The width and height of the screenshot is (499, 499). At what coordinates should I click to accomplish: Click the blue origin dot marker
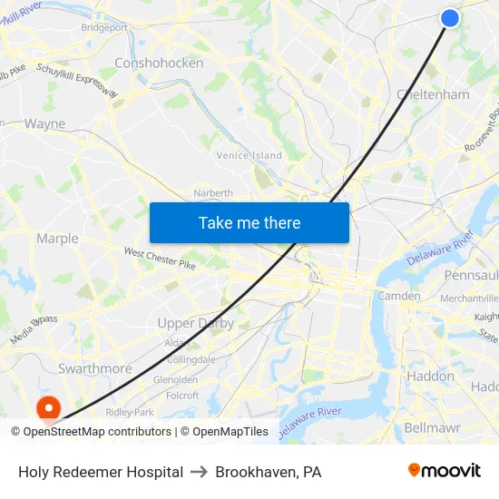(x=449, y=18)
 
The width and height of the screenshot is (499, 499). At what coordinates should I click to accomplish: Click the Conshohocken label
(x=159, y=63)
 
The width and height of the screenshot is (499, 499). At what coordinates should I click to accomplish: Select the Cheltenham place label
(x=433, y=94)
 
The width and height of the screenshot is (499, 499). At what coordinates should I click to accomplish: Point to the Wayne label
(x=44, y=123)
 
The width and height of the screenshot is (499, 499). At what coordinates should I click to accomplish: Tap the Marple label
(x=57, y=239)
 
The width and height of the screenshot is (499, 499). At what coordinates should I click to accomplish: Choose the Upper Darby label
(x=195, y=323)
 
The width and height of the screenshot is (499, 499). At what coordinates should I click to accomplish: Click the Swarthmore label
(x=94, y=368)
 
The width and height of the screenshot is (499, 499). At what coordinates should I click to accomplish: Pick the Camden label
(x=398, y=296)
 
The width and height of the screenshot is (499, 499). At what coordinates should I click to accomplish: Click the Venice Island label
(x=249, y=155)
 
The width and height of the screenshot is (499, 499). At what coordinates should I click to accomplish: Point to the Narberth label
(x=213, y=192)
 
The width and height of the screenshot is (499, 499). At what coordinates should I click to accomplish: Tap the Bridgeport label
(x=104, y=27)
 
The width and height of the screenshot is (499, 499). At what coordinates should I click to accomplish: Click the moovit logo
(x=444, y=471)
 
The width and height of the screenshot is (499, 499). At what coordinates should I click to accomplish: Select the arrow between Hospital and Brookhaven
(x=200, y=472)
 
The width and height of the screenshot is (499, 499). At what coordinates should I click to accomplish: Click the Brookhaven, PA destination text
(x=269, y=472)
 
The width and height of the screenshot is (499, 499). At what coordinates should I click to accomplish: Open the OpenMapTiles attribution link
(x=224, y=432)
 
